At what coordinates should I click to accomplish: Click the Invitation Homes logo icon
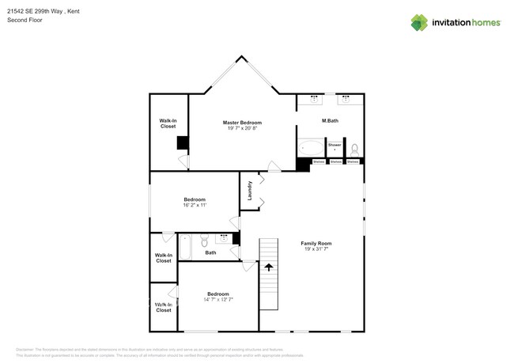click(x=419, y=23)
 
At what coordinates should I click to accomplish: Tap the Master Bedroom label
click(x=242, y=123)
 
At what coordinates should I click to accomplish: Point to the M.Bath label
click(x=331, y=120)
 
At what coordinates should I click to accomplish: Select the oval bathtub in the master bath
click(x=311, y=148)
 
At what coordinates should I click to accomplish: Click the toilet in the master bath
click(x=355, y=149)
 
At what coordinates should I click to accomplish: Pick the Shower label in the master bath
click(x=335, y=145)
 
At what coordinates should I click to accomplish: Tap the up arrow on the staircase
click(x=269, y=268)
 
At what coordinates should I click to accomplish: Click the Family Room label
click(x=316, y=243)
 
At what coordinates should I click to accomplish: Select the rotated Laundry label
click(x=249, y=191)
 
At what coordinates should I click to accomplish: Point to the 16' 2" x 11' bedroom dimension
click(x=195, y=205)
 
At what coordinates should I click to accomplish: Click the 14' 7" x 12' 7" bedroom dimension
click(x=218, y=299)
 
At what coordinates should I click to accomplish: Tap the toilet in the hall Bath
click(x=204, y=241)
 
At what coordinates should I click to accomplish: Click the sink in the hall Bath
click(x=224, y=237)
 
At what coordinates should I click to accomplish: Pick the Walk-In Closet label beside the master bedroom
click(x=168, y=123)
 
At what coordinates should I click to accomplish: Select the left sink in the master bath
click(x=314, y=100)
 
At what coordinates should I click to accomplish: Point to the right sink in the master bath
click(x=348, y=100)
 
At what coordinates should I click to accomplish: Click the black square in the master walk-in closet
click(x=183, y=142)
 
